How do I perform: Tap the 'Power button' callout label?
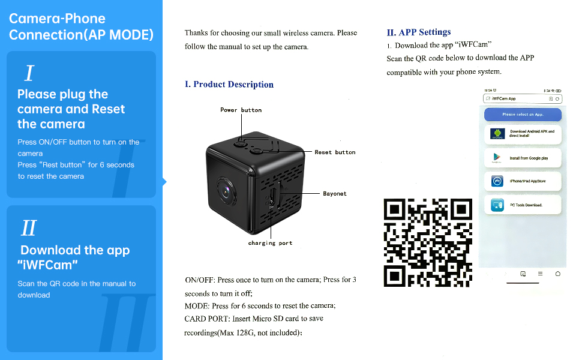(241, 110)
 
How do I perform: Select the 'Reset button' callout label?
(335, 152)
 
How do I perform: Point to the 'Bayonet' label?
(335, 194)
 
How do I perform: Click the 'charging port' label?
(270, 243)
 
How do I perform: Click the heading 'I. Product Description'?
(229, 85)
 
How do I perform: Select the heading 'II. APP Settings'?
(419, 32)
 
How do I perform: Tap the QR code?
(427, 242)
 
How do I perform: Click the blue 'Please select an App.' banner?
(523, 114)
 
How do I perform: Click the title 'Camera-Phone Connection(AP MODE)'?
(81, 27)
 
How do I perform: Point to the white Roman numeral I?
(28, 74)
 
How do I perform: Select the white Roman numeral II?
(29, 228)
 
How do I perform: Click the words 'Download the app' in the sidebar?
(75, 251)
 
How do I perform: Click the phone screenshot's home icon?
(558, 274)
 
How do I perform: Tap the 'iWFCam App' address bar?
(516, 98)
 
